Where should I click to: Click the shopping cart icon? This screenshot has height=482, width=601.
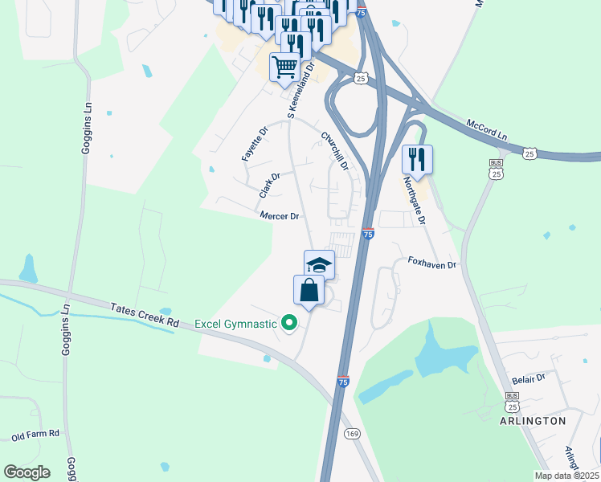(x=285, y=69)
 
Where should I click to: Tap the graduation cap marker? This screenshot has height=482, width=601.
(x=319, y=264)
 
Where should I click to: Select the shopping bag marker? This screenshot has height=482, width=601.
(x=309, y=291)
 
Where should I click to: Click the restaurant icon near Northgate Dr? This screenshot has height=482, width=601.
(x=417, y=159)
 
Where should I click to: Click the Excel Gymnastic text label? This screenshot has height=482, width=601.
(x=235, y=324)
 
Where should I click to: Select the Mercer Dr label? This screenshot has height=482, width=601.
(x=279, y=216)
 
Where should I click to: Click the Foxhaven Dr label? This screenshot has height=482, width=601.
(x=431, y=263)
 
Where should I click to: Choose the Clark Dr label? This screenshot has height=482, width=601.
(x=269, y=186)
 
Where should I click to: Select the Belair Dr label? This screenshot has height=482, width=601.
(x=529, y=378)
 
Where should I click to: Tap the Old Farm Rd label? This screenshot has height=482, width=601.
(x=35, y=435)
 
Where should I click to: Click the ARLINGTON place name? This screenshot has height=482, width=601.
(x=533, y=421)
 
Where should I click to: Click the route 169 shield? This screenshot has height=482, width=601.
(x=352, y=434)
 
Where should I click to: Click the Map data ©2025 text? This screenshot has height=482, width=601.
(x=566, y=476)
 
